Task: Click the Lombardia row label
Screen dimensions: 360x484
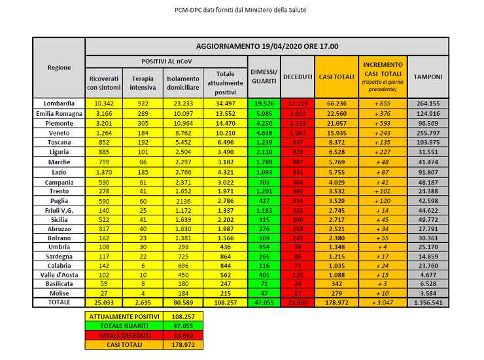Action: pos(59,103)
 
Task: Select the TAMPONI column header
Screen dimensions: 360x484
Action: pos(428,77)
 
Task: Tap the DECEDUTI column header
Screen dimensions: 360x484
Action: pos(297,77)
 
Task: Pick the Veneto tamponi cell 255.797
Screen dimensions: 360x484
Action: pos(428,132)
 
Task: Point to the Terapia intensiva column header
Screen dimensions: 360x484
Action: pos(142,83)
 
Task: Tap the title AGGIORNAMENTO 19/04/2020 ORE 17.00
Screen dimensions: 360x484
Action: pos(267,47)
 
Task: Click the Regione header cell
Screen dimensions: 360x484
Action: pos(59,68)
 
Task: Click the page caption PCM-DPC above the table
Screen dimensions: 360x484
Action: pos(241,10)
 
